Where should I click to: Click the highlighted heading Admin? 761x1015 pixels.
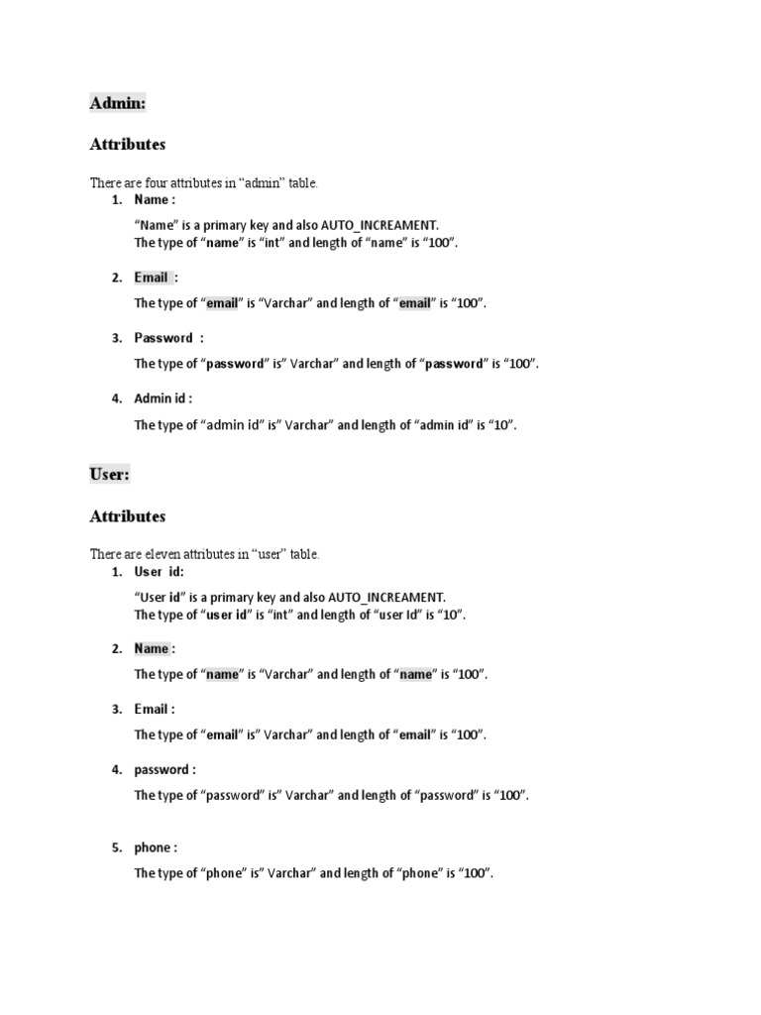pyautogui.click(x=118, y=102)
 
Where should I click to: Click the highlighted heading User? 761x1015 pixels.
pyautogui.click(x=109, y=474)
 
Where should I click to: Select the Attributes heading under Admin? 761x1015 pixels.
pyautogui.click(x=128, y=144)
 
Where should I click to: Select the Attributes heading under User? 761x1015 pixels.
pyautogui.click(x=128, y=516)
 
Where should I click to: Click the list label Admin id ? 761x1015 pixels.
pyautogui.click(x=163, y=398)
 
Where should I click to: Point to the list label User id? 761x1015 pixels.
pyautogui.click(x=159, y=572)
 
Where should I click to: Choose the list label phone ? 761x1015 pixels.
pyautogui.click(x=156, y=847)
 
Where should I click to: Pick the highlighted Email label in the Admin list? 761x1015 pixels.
pyautogui.click(x=152, y=278)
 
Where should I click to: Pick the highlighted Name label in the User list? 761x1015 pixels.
pyautogui.click(x=152, y=648)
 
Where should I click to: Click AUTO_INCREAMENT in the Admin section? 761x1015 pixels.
pyautogui.click(x=379, y=225)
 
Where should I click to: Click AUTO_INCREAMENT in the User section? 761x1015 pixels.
pyautogui.click(x=385, y=597)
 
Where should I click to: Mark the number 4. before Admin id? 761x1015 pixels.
pyautogui.click(x=117, y=398)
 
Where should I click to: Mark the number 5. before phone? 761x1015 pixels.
pyautogui.click(x=117, y=847)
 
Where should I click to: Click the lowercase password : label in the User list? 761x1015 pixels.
pyautogui.click(x=164, y=769)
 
